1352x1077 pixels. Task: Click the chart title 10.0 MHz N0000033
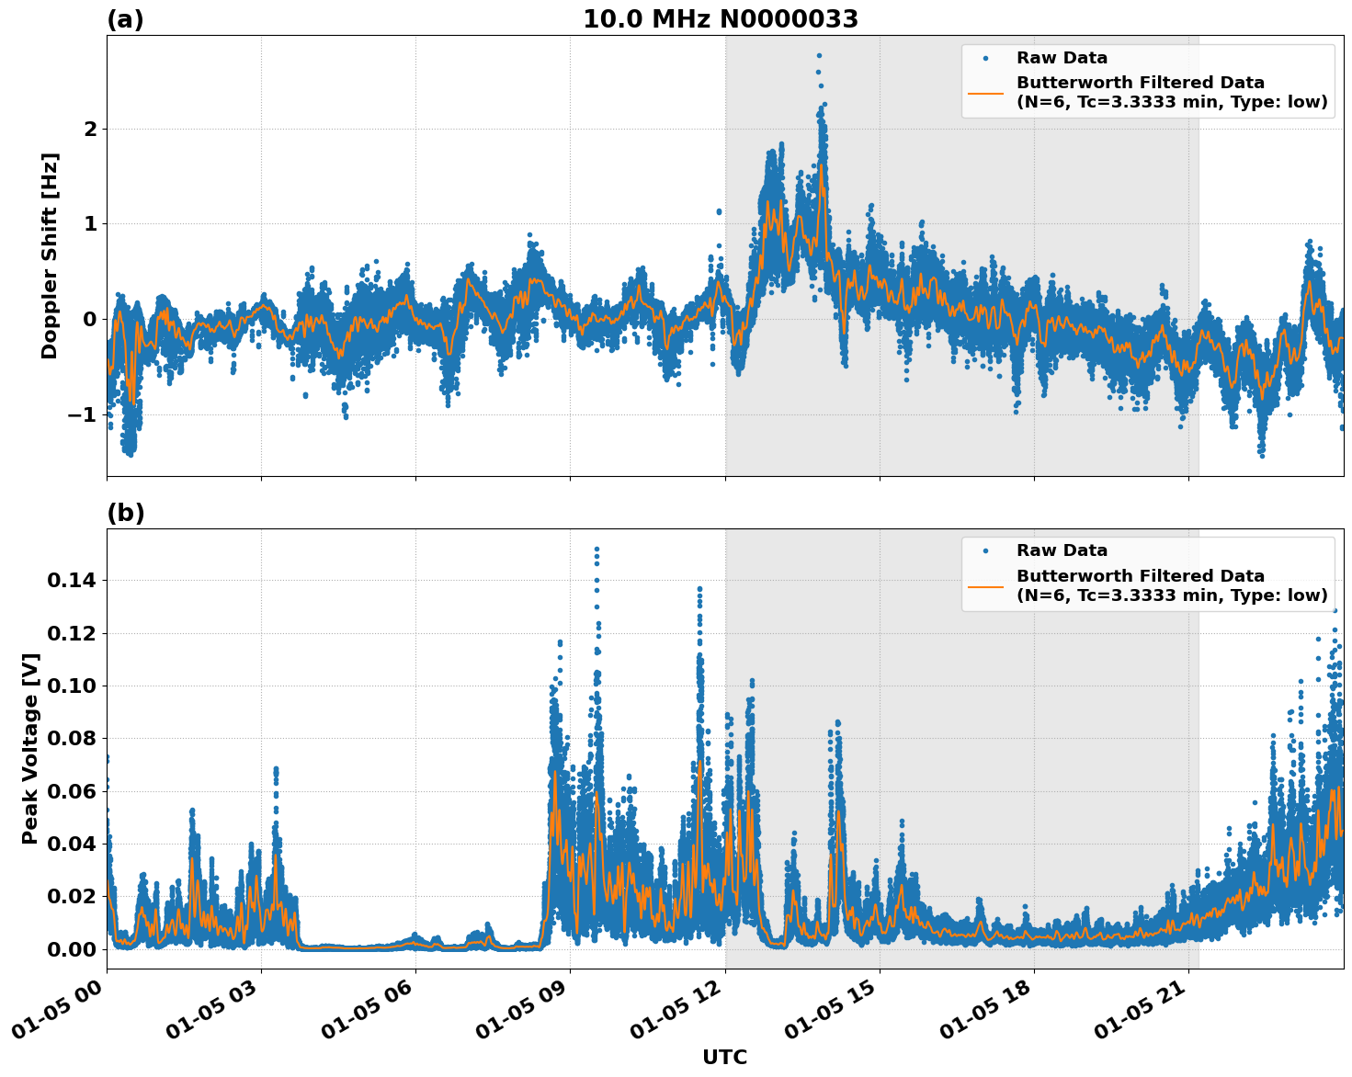tap(720, 19)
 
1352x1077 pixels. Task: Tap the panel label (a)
tap(125, 19)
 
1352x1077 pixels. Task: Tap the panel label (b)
tap(125, 513)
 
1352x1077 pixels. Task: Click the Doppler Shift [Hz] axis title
tap(50, 255)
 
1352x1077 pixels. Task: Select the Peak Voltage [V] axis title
tap(30, 748)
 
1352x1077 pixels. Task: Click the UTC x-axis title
tap(724, 1058)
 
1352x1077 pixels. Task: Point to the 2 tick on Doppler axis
tap(90, 129)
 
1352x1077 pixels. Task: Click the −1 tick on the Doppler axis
tap(83, 414)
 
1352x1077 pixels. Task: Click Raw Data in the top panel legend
tap(1062, 58)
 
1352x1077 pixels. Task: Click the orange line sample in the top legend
tap(985, 92)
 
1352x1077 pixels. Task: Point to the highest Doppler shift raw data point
tap(819, 55)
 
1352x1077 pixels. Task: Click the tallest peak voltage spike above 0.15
tap(596, 550)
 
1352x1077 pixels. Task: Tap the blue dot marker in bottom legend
tap(985, 550)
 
